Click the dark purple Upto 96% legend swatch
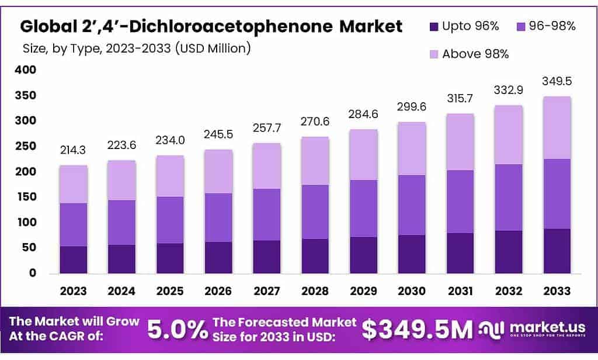pyautogui.click(x=434, y=26)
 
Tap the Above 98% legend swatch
pyautogui.click(x=434, y=54)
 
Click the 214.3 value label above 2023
pyautogui.click(x=73, y=150)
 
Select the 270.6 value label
pyautogui.click(x=314, y=122)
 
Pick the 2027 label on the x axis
pyautogui.click(x=266, y=291)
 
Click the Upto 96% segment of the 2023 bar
pyautogui.click(x=73, y=259)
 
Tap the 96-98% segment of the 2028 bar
pyautogui.click(x=314, y=212)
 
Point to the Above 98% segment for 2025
pyautogui.click(x=169, y=176)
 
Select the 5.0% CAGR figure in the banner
pyautogui.click(x=177, y=330)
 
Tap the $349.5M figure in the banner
pyautogui.click(x=416, y=330)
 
